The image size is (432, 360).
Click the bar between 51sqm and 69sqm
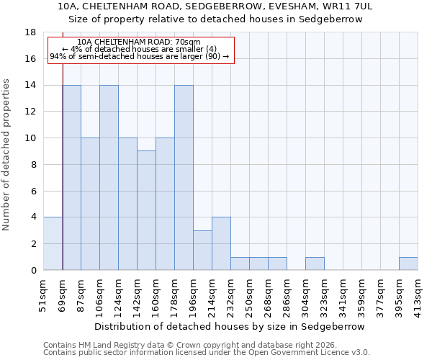[53, 243]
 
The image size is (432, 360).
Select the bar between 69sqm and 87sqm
[71, 177]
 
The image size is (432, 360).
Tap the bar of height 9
[146, 210]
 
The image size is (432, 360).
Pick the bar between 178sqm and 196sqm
[184, 177]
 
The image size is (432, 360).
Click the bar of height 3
[202, 250]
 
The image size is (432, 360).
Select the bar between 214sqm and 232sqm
[221, 243]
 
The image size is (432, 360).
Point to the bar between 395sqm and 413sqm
[408, 264]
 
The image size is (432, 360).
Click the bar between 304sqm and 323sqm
[315, 264]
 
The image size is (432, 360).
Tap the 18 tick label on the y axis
[30, 32]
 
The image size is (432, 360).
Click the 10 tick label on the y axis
[30, 138]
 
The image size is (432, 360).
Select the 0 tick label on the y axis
[33, 270]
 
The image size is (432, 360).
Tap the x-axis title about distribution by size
[230, 326]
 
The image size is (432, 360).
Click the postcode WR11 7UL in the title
[348, 6]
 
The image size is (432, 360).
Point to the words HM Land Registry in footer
[106, 345]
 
